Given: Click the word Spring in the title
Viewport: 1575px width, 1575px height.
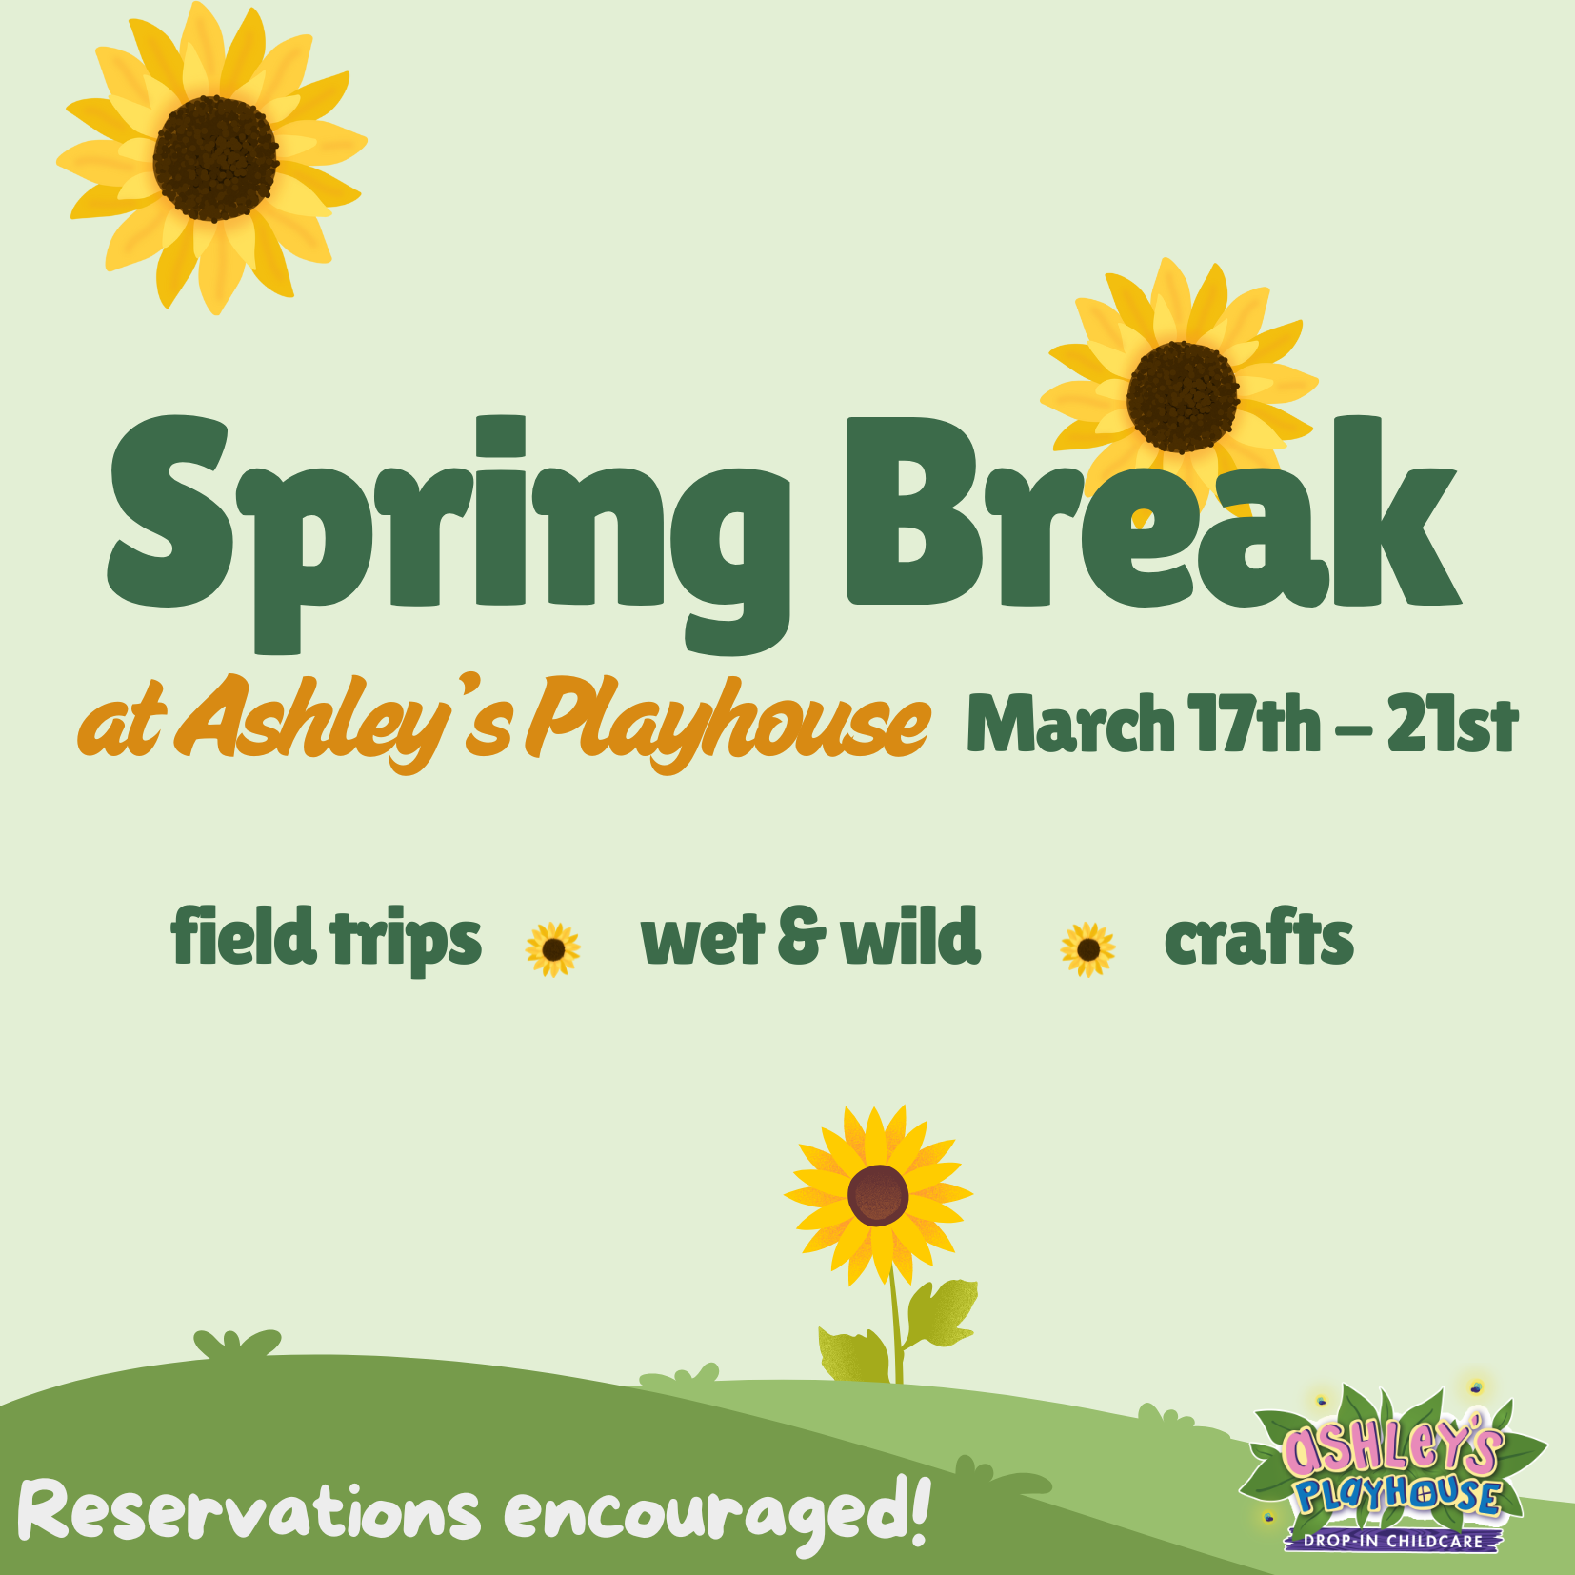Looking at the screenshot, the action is (448, 533).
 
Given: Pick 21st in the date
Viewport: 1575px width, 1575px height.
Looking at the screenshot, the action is (1452, 723).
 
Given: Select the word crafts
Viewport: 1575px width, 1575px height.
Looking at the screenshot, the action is (1258, 937).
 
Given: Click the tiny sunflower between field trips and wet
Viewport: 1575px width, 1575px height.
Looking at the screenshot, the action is (553, 949).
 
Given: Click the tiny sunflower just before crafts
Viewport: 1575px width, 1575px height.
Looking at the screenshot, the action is (1088, 949).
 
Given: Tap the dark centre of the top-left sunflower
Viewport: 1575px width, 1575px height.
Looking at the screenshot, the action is (216, 159).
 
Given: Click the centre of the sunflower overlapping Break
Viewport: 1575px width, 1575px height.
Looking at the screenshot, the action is (1183, 396).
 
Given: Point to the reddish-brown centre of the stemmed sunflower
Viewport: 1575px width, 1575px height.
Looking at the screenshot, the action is (878, 1195).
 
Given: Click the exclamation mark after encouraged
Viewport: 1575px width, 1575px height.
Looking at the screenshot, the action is (919, 1508).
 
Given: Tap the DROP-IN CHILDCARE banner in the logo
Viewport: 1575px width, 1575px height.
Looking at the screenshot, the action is (1393, 1540).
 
